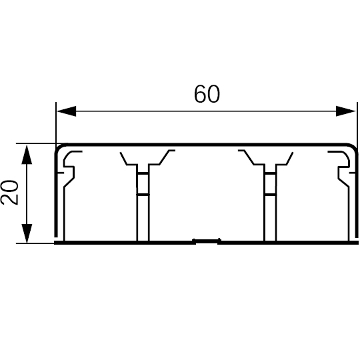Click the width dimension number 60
(x=207, y=94)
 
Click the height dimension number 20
(x=9, y=193)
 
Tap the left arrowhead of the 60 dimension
(x=67, y=111)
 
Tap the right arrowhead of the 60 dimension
(x=346, y=111)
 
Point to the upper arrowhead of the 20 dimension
(x=27, y=154)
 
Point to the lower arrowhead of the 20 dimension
(x=27, y=233)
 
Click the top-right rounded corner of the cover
(x=353, y=147)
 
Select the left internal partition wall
(x=143, y=202)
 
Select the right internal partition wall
(x=270, y=202)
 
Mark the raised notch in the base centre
(x=207, y=241)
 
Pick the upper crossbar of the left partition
(x=143, y=173)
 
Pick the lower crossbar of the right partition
(x=270, y=195)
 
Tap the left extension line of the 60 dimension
(x=56, y=123)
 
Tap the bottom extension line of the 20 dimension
(x=35, y=243)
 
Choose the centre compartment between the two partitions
(x=207, y=195)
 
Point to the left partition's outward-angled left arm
(x=123, y=159)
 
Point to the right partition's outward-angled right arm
(x=290, y=159)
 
